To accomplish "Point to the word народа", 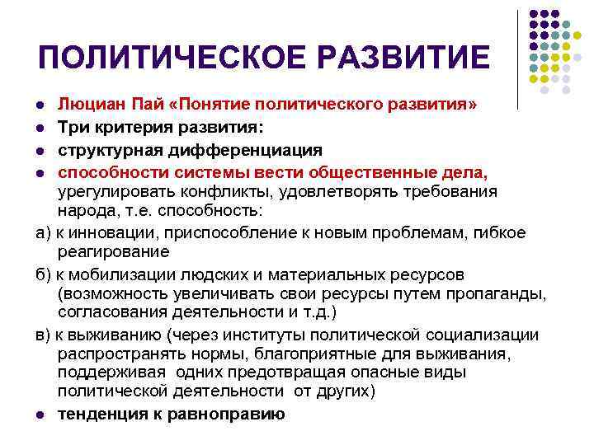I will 82,211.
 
